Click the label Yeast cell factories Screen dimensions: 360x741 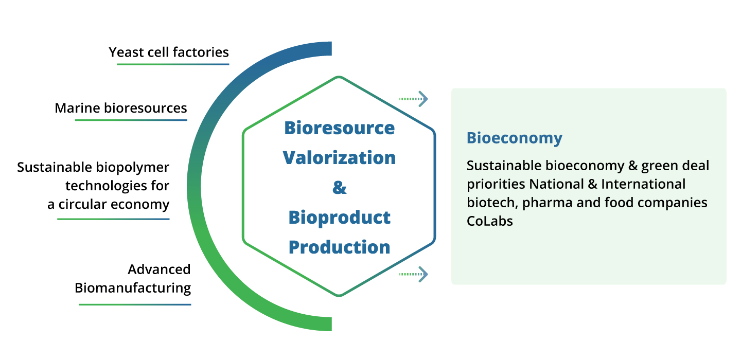coord(169,52)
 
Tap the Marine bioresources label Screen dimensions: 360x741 coord(121,108)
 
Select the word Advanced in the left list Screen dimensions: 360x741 coord(159,269)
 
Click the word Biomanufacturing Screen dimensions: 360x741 coord(133,287)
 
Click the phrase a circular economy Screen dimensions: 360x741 coord(108,204)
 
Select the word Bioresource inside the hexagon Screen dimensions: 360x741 coord(339,128)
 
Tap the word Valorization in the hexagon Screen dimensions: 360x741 coord(339,157)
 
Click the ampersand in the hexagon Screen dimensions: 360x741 coord(339,187)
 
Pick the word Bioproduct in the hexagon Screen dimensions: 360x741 coord(339,217)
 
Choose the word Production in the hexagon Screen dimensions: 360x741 coord(339,247)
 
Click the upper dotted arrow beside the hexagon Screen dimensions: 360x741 coord(414,98)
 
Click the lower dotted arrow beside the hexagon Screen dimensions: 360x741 coord(414,274)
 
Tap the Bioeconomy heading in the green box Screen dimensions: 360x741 coord(514,138)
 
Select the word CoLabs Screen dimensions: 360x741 coord(489,222)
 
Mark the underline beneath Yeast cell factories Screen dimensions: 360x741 coord(173,64)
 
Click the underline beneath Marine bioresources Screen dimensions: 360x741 coord(131,120)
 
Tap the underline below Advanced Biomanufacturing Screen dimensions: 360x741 coord(135,304)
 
